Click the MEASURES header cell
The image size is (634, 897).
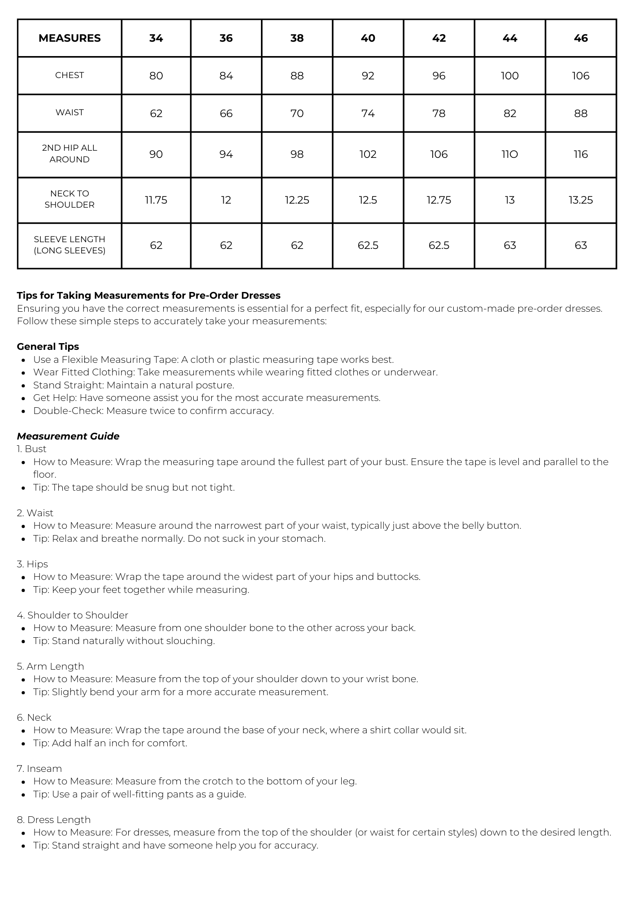[69, 38]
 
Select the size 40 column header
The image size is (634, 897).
[368, 38]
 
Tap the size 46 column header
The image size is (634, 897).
[581, 38]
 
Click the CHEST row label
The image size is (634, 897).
[69, 75]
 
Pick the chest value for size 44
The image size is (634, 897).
[510, 76]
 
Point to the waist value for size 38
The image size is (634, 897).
[297, 113]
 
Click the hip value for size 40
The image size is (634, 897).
[368, 154]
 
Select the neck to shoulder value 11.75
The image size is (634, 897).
[156, 200]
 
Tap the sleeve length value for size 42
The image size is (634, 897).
[439, 245]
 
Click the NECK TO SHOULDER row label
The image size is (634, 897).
[69, 199]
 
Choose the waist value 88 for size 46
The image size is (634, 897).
[581, 113]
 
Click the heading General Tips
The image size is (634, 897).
[48, 347]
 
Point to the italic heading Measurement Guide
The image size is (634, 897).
[68, 436]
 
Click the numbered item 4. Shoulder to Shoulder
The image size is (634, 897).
[73, 615]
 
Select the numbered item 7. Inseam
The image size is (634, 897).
[39, 769]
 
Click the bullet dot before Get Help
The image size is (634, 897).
[23, 398]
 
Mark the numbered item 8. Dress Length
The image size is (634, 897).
[54, 820]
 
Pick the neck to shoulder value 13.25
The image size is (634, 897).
[581, 200]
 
